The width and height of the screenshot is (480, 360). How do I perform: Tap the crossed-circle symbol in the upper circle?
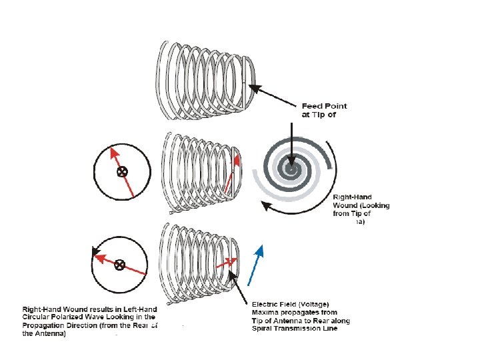point(122,172)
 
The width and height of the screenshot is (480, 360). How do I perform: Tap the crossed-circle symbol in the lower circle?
point(120,264)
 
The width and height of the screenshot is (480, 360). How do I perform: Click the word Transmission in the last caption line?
point(303,329)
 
